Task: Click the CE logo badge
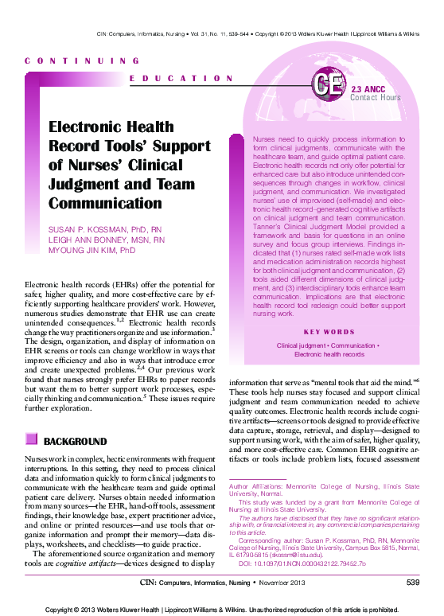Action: pyautogui.click(x=328, y=85)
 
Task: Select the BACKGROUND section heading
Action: pyautogui.click(x=75, y=441)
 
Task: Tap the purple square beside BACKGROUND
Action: pyautogui.click(x=31, y=440)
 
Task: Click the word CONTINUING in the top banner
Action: pyautogui.click(x=83, y=60)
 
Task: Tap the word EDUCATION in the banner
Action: pyautogui.click(x=181, y=78)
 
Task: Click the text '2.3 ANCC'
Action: pyautogui.click(x=368, y=89)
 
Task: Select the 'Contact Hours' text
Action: pyautogui.click(x=376, y=98)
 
